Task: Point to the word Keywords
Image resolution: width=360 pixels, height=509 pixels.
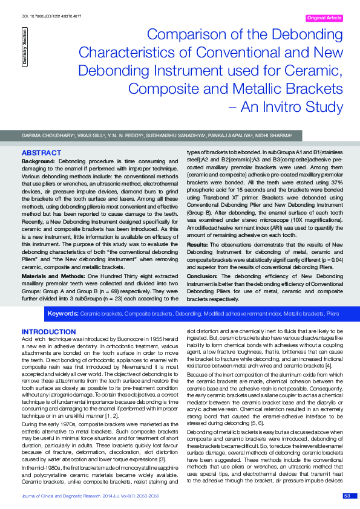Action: [64, 314]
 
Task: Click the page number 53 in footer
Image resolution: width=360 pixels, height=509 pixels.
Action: [347, 496]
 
